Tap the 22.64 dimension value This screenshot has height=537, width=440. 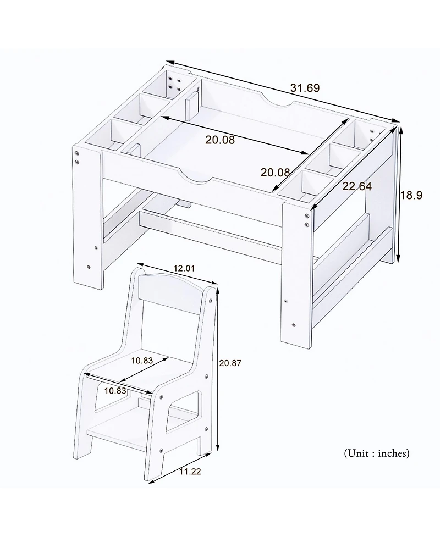pyautogui.click(x=357, y=187)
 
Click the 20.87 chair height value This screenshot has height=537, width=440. pyautogui.click(x=230, y=363)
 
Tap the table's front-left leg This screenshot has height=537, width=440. pyautogui.click(x=88, y=220)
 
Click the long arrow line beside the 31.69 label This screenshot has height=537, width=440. pyautogui.click(x=280, y=91)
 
